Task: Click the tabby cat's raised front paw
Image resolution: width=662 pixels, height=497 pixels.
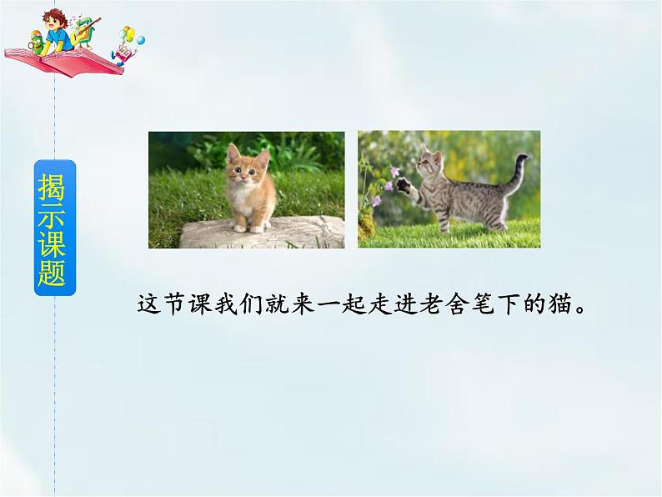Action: [401, 183]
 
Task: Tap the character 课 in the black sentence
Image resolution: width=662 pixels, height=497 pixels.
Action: [193, 302]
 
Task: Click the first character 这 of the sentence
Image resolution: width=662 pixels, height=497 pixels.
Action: [148, 302]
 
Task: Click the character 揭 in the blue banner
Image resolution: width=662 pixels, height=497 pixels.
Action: [53, 186]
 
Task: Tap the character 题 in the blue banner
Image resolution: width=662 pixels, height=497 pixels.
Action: [53, 272]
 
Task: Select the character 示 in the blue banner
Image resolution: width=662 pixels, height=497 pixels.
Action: [53, 214]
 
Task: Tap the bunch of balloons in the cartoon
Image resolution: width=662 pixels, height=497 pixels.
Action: [133, 36]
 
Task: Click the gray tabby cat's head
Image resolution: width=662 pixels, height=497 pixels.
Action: [431, 159]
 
